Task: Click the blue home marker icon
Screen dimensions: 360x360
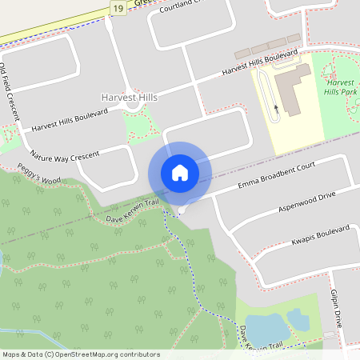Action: pos(180,172)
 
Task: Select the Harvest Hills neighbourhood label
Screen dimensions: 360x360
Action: pos(129,97)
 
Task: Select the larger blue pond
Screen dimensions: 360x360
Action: pos(266,329)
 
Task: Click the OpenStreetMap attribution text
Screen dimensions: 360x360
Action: pos(81,354)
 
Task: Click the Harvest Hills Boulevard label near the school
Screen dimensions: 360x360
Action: pos(259,63)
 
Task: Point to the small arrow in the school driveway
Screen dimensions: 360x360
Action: pos(277,106)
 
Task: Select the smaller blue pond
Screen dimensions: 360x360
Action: pos(298,319)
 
